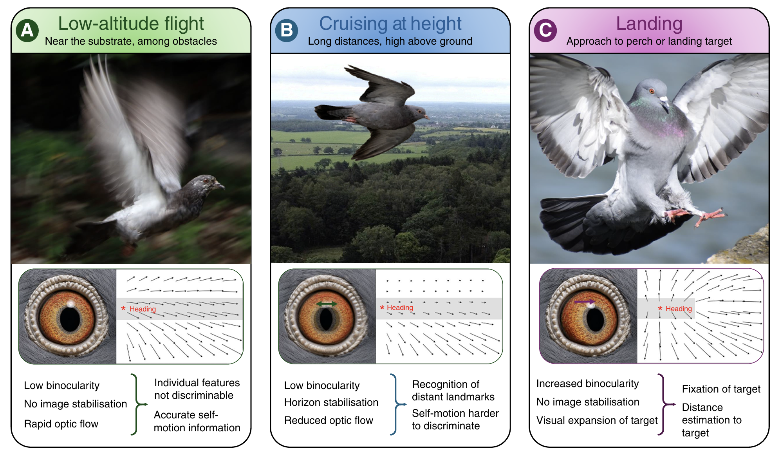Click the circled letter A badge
tap(27, 31)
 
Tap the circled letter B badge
tap(287, 31)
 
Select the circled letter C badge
tap(546, 31)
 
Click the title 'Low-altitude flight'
tap(131, 24)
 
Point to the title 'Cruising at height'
tap(390, 24)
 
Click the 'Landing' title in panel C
tap(649, 24)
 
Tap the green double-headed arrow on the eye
tap(327, 304)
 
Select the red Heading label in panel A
tap(143, 309)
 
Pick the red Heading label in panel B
tap(400, 308)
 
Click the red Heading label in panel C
tap(679, 309)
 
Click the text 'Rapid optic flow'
tap(61, 424)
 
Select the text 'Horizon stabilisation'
tap(331, 402)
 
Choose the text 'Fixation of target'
tap(721, 389)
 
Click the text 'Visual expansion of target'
tap(597, 420)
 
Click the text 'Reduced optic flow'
tap(329, 420)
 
